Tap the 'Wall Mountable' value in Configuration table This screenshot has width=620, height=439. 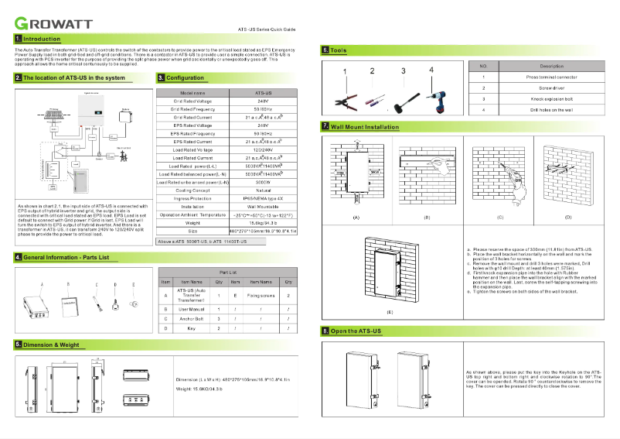click(x=262, y=207)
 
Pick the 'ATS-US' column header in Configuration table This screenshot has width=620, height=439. click(x=262, y=93)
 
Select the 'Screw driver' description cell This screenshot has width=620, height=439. click(x=551, y=88)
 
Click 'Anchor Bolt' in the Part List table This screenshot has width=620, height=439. click(x=191, y=318)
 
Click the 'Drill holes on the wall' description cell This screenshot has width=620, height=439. click(x=551, y=110)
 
